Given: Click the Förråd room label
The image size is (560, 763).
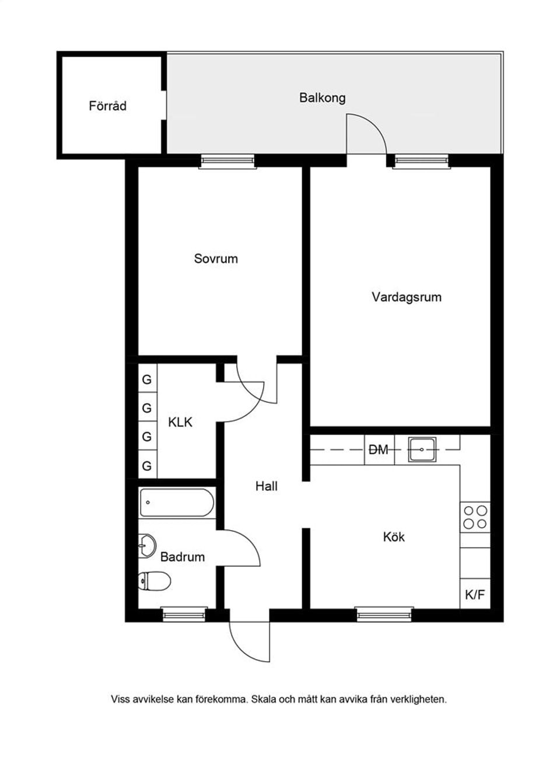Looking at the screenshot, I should [x=107, y=106].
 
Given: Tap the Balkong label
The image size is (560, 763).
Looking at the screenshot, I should [x=322, y=97].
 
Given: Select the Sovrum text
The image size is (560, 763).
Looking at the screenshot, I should [x=216, y=259].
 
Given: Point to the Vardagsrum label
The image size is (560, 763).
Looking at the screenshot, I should [x=407, y=297].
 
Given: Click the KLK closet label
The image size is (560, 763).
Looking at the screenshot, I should [x=180, y=422].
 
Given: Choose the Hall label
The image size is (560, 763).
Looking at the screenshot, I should [x=266, y=486].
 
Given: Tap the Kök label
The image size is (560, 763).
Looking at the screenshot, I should [x=394, y=536].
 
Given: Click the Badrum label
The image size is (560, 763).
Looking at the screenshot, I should [x=182, y=557].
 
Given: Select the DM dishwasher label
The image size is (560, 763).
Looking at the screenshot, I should [x=379, y=450].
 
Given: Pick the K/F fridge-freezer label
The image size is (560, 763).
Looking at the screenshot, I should [x=475, y=595].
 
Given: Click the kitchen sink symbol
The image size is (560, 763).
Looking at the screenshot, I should [x=422, y=450].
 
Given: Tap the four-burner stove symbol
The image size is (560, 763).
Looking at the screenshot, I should [x=475, y=517].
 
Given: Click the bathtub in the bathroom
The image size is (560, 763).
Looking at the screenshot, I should [x=177, y=503].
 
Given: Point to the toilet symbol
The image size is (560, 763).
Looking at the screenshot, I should [x=155, y=581].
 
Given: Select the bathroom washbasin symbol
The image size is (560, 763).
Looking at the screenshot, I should [x=146, y=545].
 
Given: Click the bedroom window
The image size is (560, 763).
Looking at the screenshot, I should [x=228, y=161].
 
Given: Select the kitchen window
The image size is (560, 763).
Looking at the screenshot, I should [x=384, y=614].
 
